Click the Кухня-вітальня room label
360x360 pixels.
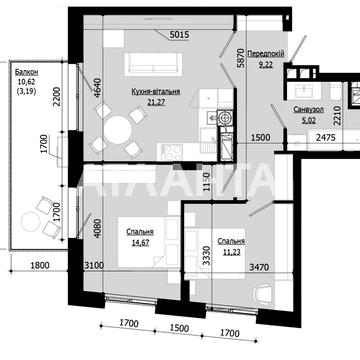pyautogui.click(x=155, y=91)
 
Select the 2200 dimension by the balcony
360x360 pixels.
pyautogui.click(x=59, y=98)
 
